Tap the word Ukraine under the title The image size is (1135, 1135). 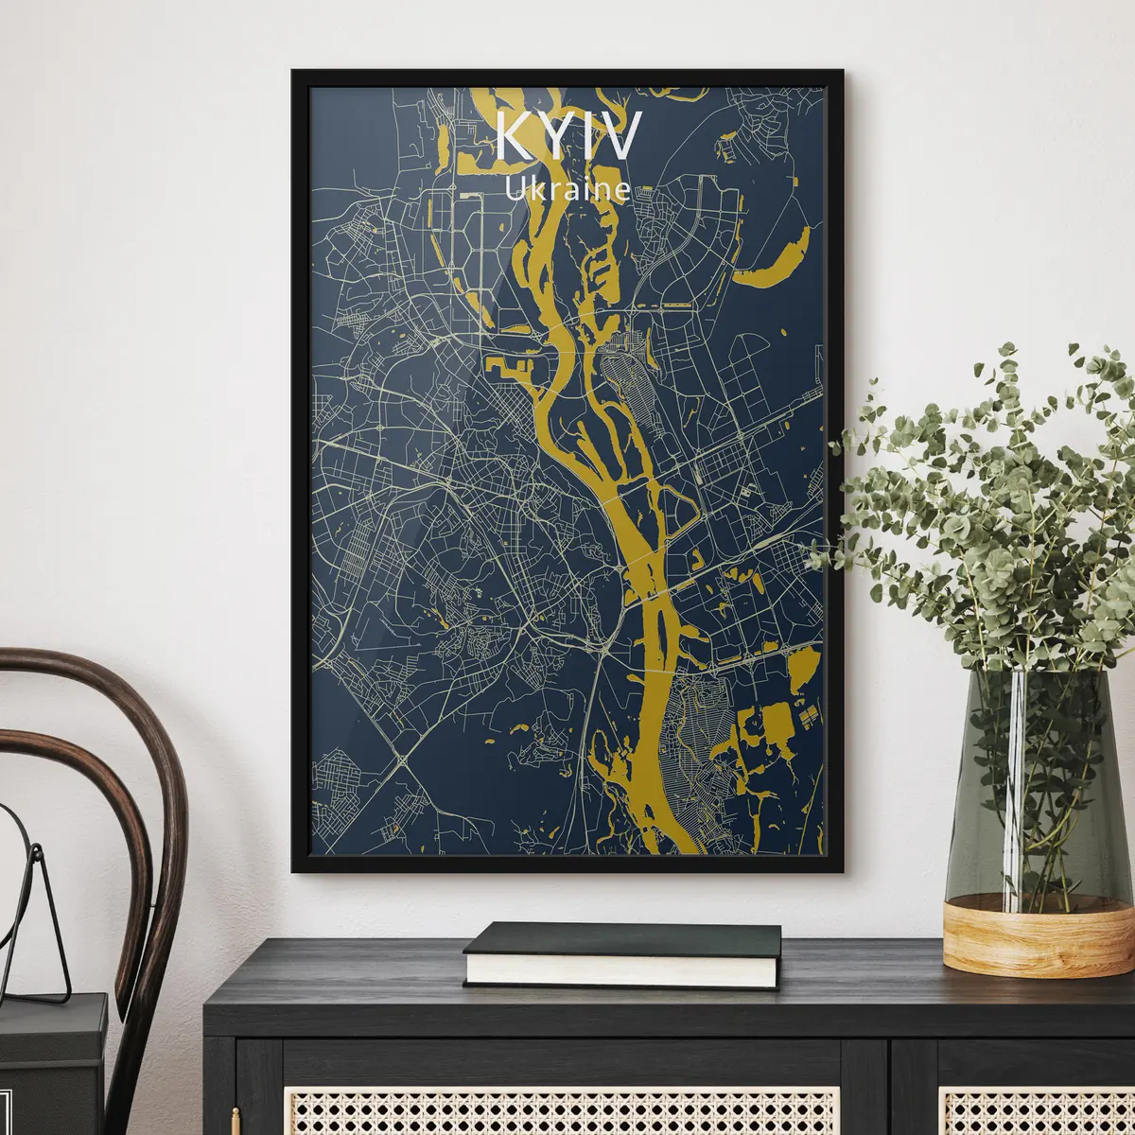(x=567, y=188)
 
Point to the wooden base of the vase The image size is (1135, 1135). (x=1024, y=931)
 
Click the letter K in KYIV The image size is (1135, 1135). (x=516, y=138)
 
